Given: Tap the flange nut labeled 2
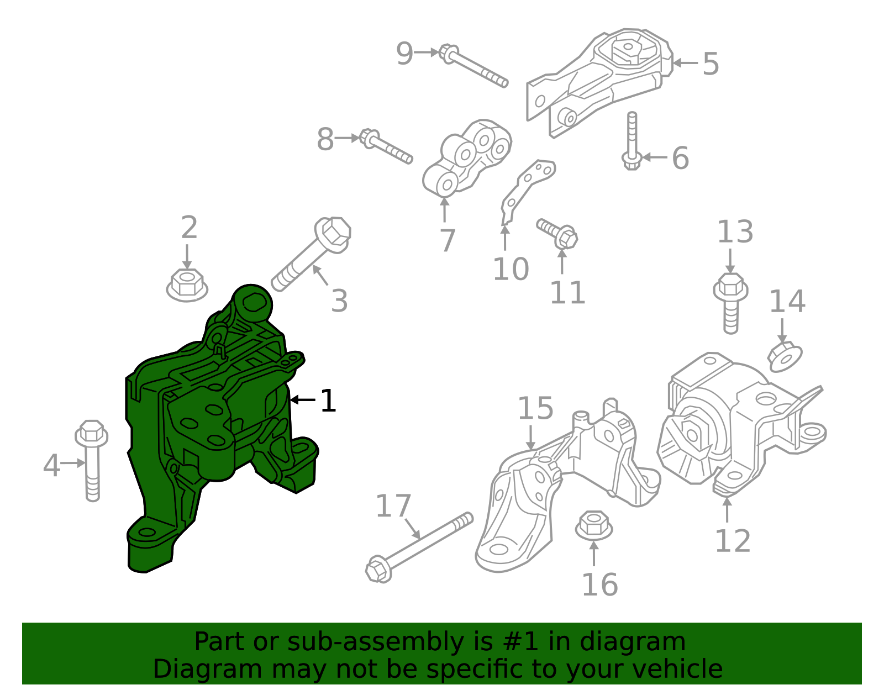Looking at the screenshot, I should click(187, 286).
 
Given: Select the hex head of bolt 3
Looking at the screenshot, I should click(333, 233).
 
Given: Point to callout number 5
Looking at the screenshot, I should click(711, 64).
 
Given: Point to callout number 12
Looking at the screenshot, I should click(733, 541).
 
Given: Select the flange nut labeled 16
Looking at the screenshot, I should click(593, 525).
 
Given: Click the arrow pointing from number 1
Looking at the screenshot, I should click(302, 399).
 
